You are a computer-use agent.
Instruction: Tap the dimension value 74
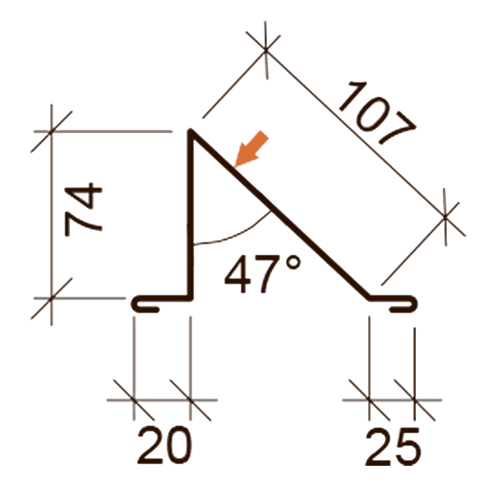click(x=83, y=213)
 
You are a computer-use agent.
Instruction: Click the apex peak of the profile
click(x=193, y=131)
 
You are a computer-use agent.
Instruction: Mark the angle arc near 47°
click(x=238, y=234)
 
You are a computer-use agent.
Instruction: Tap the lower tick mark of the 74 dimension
click(x=52, y=297)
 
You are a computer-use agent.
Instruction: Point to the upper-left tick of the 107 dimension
click(x=267, y=50)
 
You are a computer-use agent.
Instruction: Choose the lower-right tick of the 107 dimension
click(x=445, y=216)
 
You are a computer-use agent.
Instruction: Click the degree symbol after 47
click(x=293, y=264)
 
